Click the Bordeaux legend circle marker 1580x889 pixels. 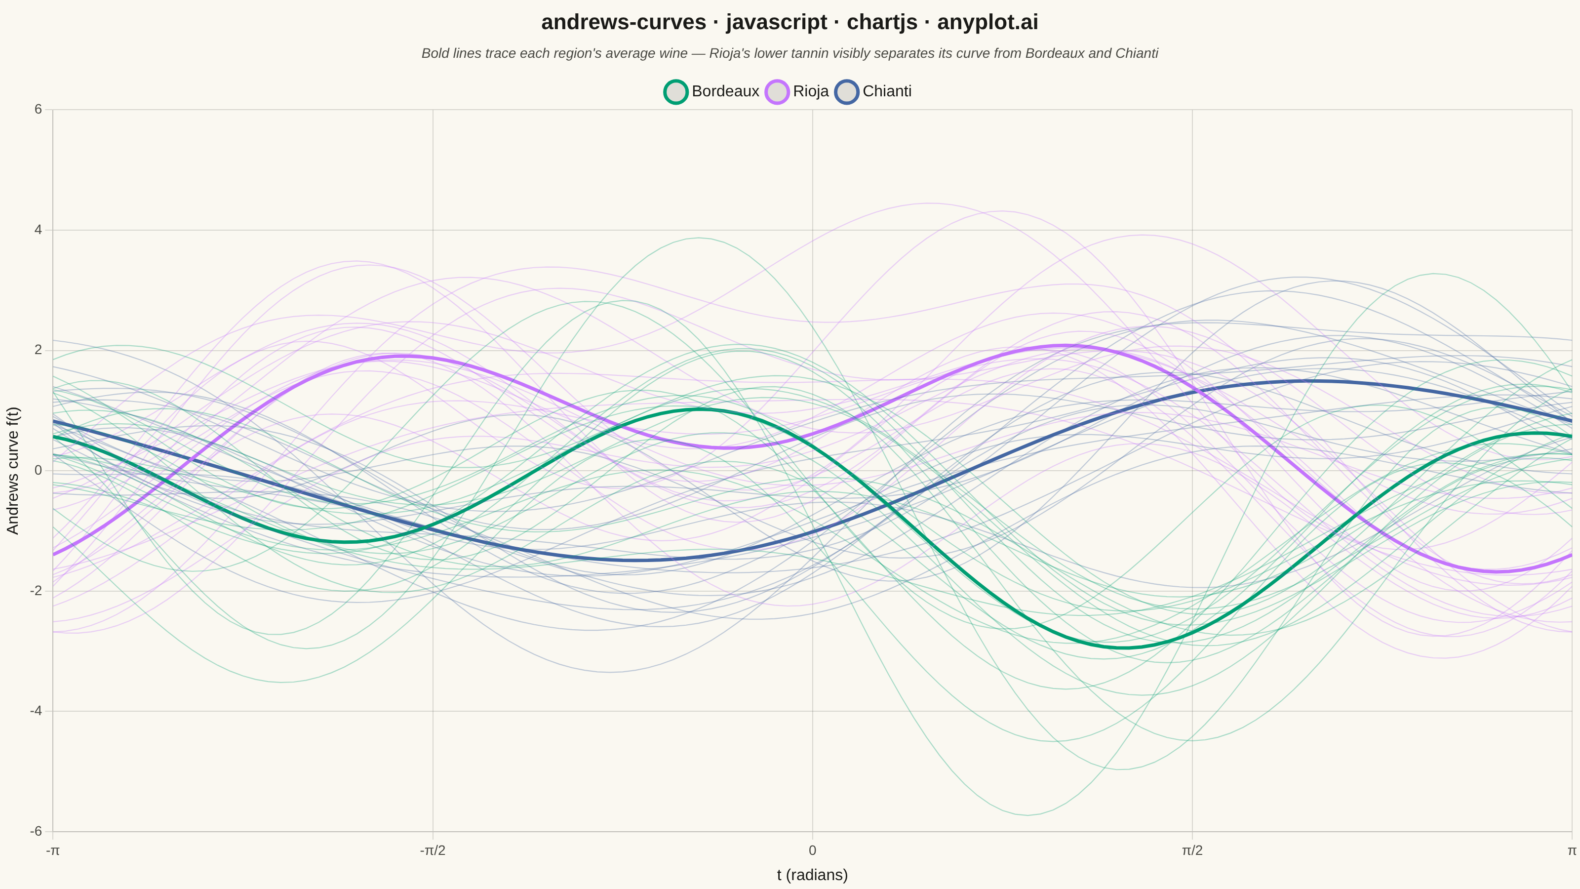coord(675,92)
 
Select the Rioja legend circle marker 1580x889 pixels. coord(777,92)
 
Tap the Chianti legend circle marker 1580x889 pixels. coord(846,92)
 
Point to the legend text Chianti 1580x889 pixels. coord(887,91)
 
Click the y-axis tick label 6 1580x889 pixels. coord(38,109)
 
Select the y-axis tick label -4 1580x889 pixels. coord(36,711)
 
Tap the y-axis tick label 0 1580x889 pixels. coord(38,471)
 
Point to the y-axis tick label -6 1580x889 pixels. coord(36,831)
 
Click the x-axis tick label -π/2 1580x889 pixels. coord(433,851)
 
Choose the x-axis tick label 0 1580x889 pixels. coord(812,851)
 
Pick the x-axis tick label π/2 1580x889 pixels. coord(1192,851)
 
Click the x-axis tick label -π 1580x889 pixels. coord(53,851)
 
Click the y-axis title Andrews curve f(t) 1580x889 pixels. coord(13,471)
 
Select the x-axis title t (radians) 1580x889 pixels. coord(812,875)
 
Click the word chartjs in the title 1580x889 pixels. coord(882,23)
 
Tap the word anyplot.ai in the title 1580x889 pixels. coord(987,23)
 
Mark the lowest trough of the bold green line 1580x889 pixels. coord(1124,647)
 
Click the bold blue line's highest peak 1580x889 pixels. coord(1306,381)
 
